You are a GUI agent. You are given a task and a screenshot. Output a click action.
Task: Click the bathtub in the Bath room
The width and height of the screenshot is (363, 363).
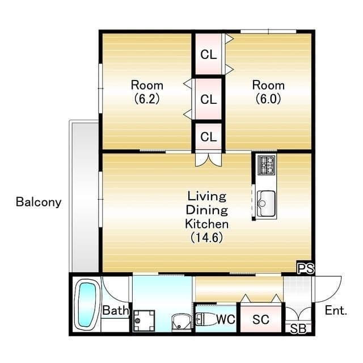coord(87,304)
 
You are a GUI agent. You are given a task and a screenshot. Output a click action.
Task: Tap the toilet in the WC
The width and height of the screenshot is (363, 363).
coord(205,319)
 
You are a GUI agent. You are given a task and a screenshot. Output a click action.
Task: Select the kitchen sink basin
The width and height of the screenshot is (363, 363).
coord(266,203)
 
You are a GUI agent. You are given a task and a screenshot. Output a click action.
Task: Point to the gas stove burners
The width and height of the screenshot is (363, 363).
coord(267,165)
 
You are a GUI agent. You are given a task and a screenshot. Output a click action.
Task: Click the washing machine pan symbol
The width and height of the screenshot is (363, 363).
coord(144,320)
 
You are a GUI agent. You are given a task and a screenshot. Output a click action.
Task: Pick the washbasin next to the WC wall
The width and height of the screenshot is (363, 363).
coord(181,322)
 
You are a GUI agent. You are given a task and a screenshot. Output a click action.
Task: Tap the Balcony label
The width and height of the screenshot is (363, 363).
coord(39,202)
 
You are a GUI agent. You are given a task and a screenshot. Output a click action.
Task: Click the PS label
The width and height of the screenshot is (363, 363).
coord(306,268)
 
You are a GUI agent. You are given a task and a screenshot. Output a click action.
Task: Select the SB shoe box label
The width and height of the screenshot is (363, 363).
coord(298,329)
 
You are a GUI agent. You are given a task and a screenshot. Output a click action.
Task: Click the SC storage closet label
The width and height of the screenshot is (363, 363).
coord(261,320)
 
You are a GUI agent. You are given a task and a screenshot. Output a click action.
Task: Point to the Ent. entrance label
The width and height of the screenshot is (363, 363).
coord(336,310)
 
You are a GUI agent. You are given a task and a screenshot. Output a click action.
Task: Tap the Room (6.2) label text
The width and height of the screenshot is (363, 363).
coord(147,92)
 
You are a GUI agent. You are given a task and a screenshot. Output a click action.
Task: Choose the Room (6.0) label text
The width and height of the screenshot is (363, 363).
coord(268,92)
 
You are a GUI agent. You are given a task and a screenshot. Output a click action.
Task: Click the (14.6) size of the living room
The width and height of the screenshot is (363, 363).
coord(206,237)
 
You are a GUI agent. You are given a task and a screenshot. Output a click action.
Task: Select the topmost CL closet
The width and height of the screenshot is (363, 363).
coord(209,54)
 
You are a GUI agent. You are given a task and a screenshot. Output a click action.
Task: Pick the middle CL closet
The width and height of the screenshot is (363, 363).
coord(209,99)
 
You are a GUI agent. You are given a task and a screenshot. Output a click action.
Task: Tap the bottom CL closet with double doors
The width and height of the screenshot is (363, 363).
coord(209,137)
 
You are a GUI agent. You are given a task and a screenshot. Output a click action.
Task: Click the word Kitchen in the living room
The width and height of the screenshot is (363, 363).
coord(206,224)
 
